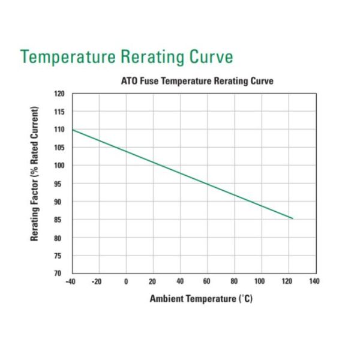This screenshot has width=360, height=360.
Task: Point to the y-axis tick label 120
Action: pyautogui.click(x=59, y=94)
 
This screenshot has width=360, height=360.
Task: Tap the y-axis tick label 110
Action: pyautogui.click(x=59, y=130)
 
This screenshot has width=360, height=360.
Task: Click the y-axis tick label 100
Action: pyautogui.click(x=59, y=166)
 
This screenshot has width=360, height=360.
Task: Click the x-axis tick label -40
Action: pyautogui.click(x=71, y=281)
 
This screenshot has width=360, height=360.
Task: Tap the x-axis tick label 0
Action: pyautogui.click(x=126, y=281)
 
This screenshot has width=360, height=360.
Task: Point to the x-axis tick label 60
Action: pyautogui.click(x=207, y=281)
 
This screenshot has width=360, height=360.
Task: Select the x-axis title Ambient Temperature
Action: pyautogui.click(x=201, y=299)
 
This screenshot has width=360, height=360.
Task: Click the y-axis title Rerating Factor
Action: pyautogui.click(x=35, y=174)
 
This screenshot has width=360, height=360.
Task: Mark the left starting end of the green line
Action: pyautogui.click(x=73, y=130)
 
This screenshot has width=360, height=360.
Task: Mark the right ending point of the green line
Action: pyautogui.click(x=292, y=218)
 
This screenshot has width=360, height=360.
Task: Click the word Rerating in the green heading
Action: pyautogui.click(x=151, y=57)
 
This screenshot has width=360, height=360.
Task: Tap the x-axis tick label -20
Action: pyautogui.click(x=98, y=281)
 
